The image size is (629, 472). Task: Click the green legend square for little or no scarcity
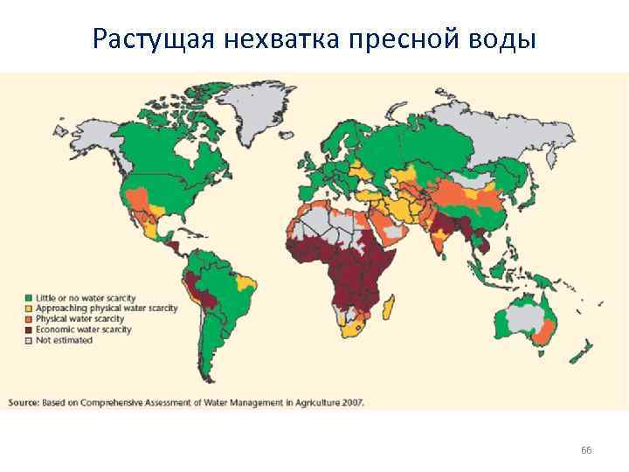coord(29,298)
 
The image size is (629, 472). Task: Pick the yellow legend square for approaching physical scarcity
coord(29,309)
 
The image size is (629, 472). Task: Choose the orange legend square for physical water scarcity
coord(29,319)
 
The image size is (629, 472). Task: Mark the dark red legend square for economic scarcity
coord(29,330)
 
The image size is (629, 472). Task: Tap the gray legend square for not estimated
coord(29,340)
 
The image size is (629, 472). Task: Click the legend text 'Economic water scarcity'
coord(83,330)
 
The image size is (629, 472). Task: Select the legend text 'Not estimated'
coord(64,340)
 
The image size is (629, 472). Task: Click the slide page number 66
coord(586,449)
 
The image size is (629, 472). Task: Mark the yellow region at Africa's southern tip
coord(355,330)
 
